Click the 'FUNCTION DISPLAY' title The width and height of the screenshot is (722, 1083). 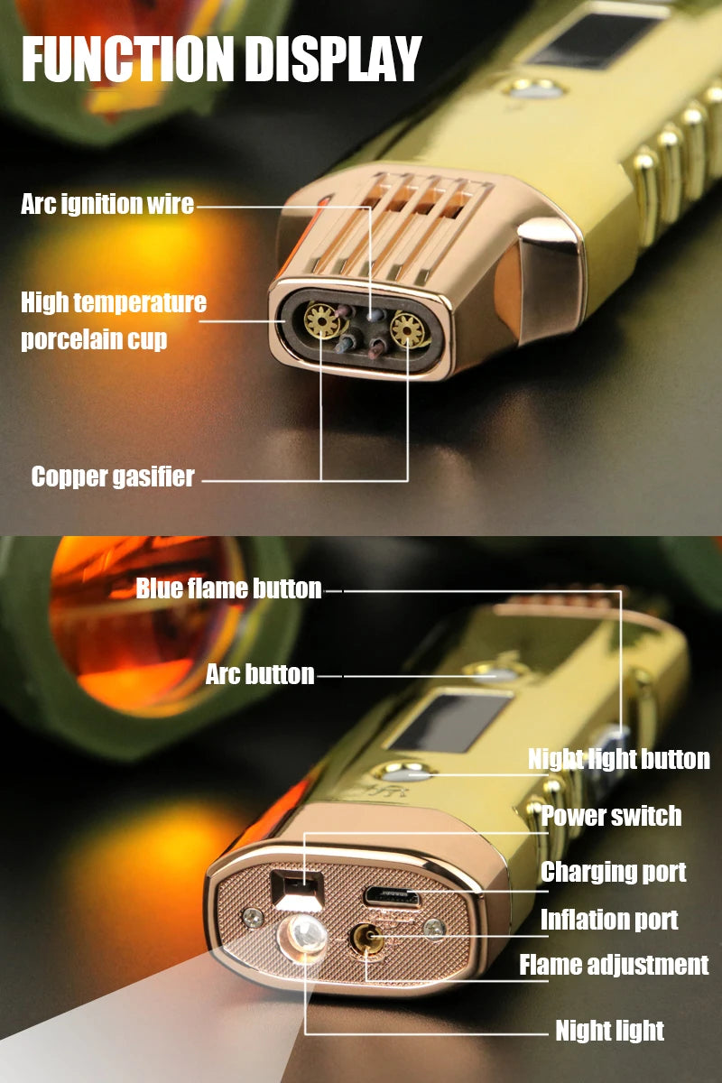coord(221,60)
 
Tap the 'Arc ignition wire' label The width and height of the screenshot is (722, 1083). coord(107,204)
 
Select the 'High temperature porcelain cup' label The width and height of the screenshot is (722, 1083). coord(113,320)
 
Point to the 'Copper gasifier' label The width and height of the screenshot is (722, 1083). coord(113,477)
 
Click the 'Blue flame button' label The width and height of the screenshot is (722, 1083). coord(228,589)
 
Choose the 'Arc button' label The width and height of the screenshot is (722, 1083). coord(260,674)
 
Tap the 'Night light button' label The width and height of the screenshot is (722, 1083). coord(618,759)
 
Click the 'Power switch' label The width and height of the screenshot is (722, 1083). coord(611,816)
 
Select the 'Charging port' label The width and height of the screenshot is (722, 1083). coord(613,872)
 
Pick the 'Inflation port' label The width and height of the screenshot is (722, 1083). coord(609,920)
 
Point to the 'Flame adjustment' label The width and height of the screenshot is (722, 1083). coord(614,965)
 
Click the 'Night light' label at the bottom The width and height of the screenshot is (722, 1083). coord(609,1031)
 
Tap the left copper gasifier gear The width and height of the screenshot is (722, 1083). coord(319,318)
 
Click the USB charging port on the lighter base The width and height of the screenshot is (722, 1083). coord(392,897)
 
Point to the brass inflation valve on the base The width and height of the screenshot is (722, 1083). coord(368,940)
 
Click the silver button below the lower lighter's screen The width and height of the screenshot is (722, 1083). coord(405,773)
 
